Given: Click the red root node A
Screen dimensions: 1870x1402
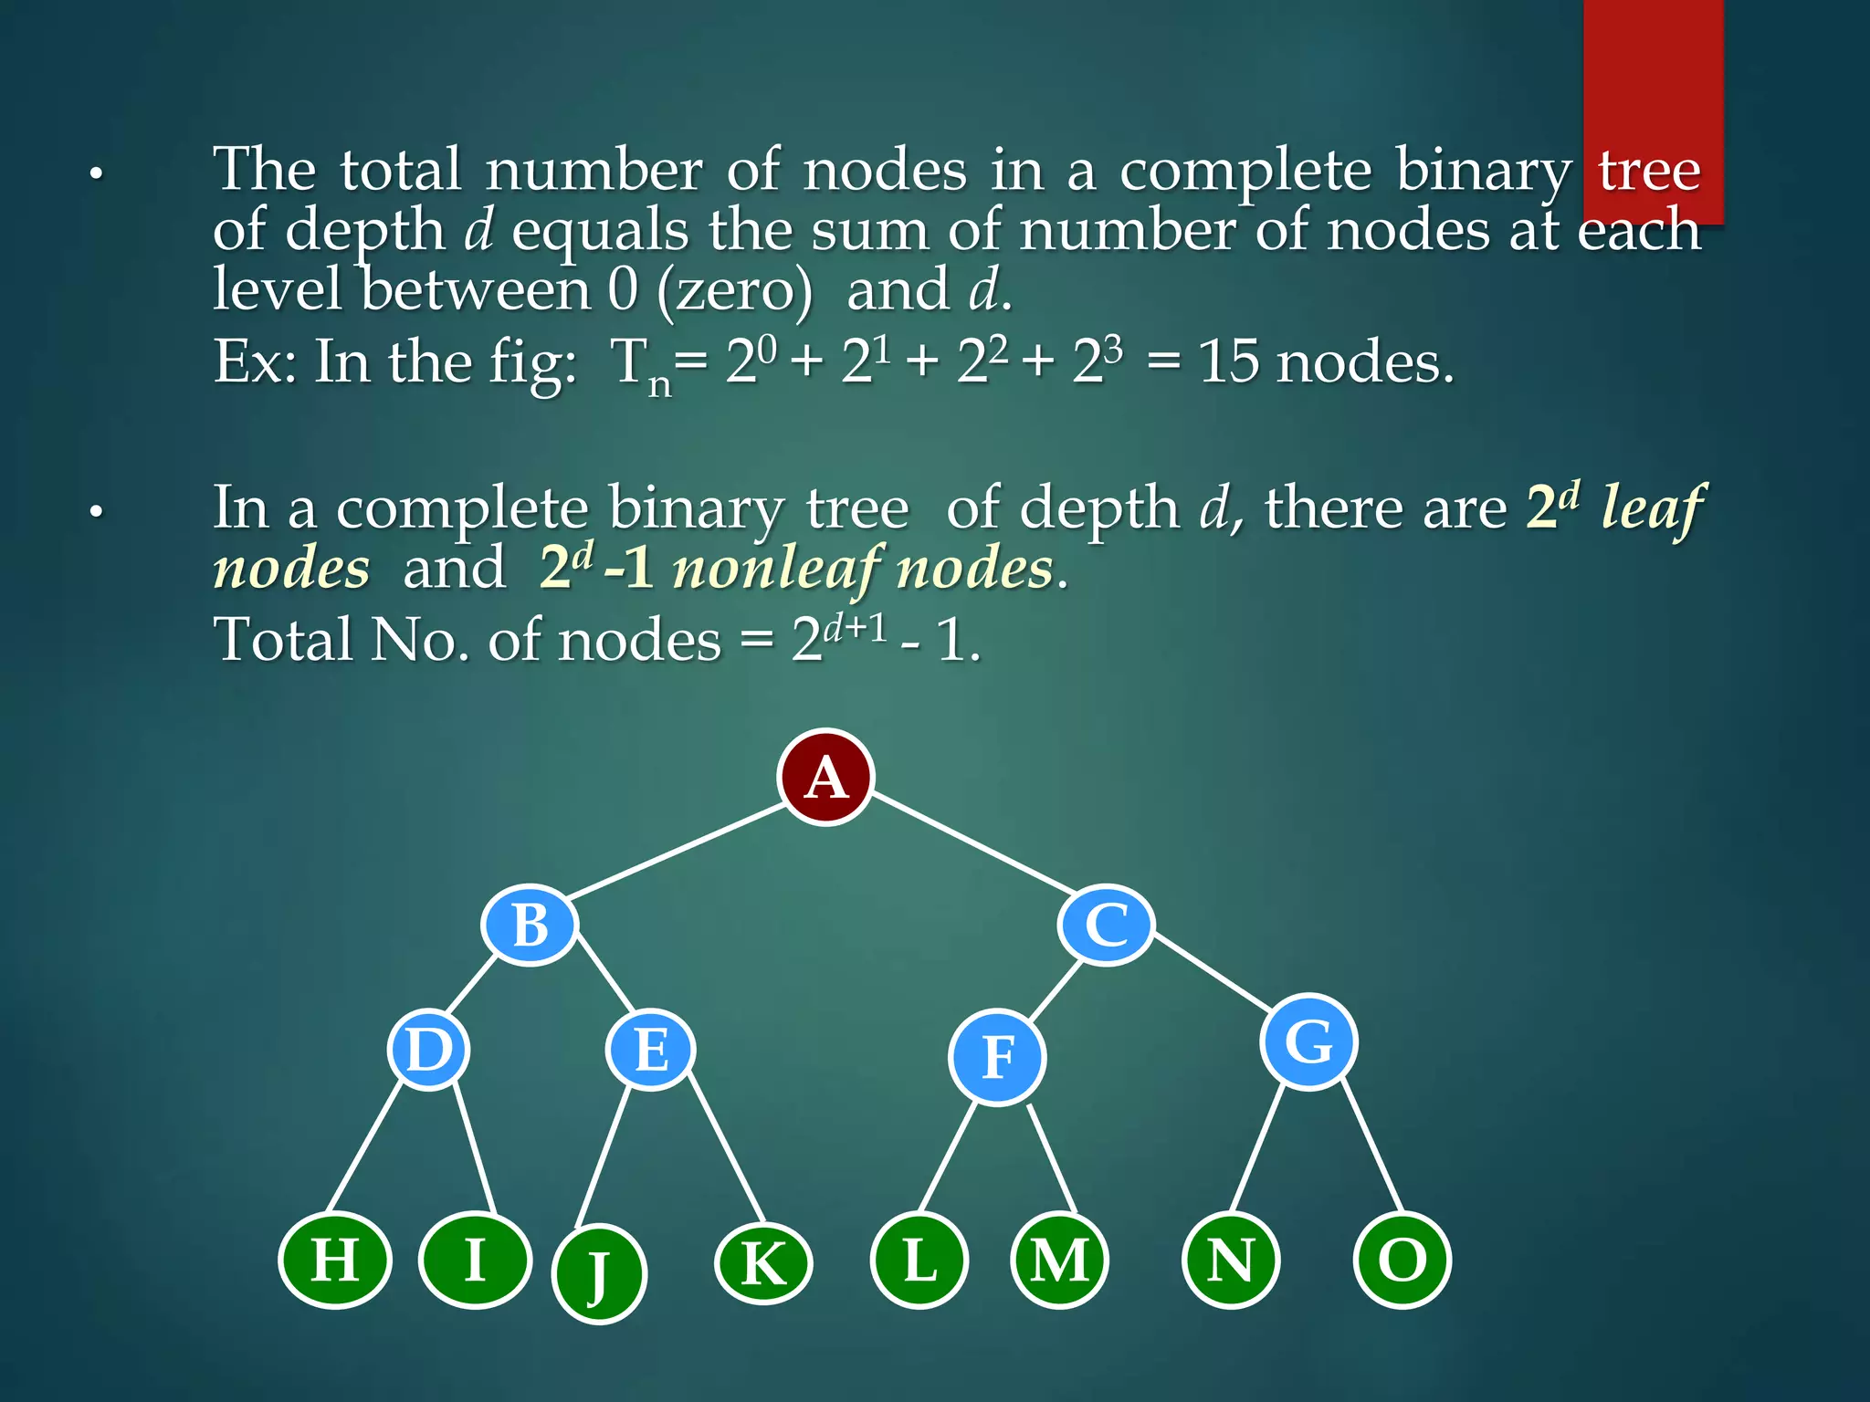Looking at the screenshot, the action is click(825, 778).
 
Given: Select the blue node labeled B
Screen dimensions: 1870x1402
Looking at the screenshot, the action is click(530, 925).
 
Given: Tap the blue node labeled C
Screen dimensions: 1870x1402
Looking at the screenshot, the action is click(1107, 925).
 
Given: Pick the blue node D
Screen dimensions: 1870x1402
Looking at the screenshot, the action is click(428, 1049).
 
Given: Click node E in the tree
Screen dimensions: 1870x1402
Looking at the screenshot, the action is click(650, 1049).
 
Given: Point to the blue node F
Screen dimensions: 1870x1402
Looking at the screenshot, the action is click(997, 1058).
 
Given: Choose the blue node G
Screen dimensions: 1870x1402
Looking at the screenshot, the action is click(1308, 1041).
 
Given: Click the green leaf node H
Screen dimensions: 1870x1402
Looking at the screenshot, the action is click(335, 1261).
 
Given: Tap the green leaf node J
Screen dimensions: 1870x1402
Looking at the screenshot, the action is click(599, 1273).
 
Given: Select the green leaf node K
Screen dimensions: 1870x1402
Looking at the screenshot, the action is click(762, 1264).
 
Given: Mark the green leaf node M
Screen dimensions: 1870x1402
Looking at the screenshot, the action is click(1059, 1261).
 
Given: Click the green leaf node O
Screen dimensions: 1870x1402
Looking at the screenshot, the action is click(1402, 1261).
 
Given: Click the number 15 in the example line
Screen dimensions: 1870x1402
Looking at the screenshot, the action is click(1228, 362).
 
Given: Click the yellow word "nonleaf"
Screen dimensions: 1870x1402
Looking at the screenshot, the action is click(775, 570).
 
